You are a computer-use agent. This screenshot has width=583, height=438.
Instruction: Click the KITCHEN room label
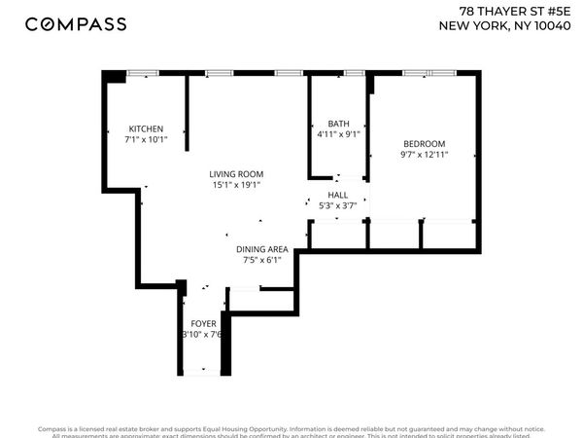click(146, 128)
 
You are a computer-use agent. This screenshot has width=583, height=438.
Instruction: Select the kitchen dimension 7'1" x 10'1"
click(146, 139)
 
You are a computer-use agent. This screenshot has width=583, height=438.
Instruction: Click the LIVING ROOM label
click(236, 174)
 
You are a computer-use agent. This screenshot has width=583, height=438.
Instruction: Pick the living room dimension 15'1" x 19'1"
click(236, 185)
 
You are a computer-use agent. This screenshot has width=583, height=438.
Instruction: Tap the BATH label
click(338, 124)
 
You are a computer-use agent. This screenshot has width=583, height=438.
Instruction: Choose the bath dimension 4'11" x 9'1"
click(338, 134)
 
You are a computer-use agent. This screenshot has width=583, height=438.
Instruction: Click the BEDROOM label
click(424, 142)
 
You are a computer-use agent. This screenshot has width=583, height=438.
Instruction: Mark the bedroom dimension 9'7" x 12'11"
click(424, 153)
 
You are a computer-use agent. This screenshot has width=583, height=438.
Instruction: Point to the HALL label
click(337, 195)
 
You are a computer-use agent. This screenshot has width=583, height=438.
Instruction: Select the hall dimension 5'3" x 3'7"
click(337, 205)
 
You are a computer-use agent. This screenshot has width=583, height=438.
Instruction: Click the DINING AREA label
click(262, 249)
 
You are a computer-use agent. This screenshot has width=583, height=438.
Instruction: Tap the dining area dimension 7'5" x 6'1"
click(262, 260)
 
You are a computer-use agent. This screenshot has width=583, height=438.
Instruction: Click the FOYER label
click(203, 323)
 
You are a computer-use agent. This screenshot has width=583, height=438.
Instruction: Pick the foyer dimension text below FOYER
click(203, 334)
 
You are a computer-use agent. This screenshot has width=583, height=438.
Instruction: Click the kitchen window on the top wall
click(144, 72)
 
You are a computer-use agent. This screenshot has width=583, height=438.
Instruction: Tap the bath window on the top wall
click(354, 72)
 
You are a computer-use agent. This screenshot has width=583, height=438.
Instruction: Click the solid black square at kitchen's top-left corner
click(115, 75)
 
